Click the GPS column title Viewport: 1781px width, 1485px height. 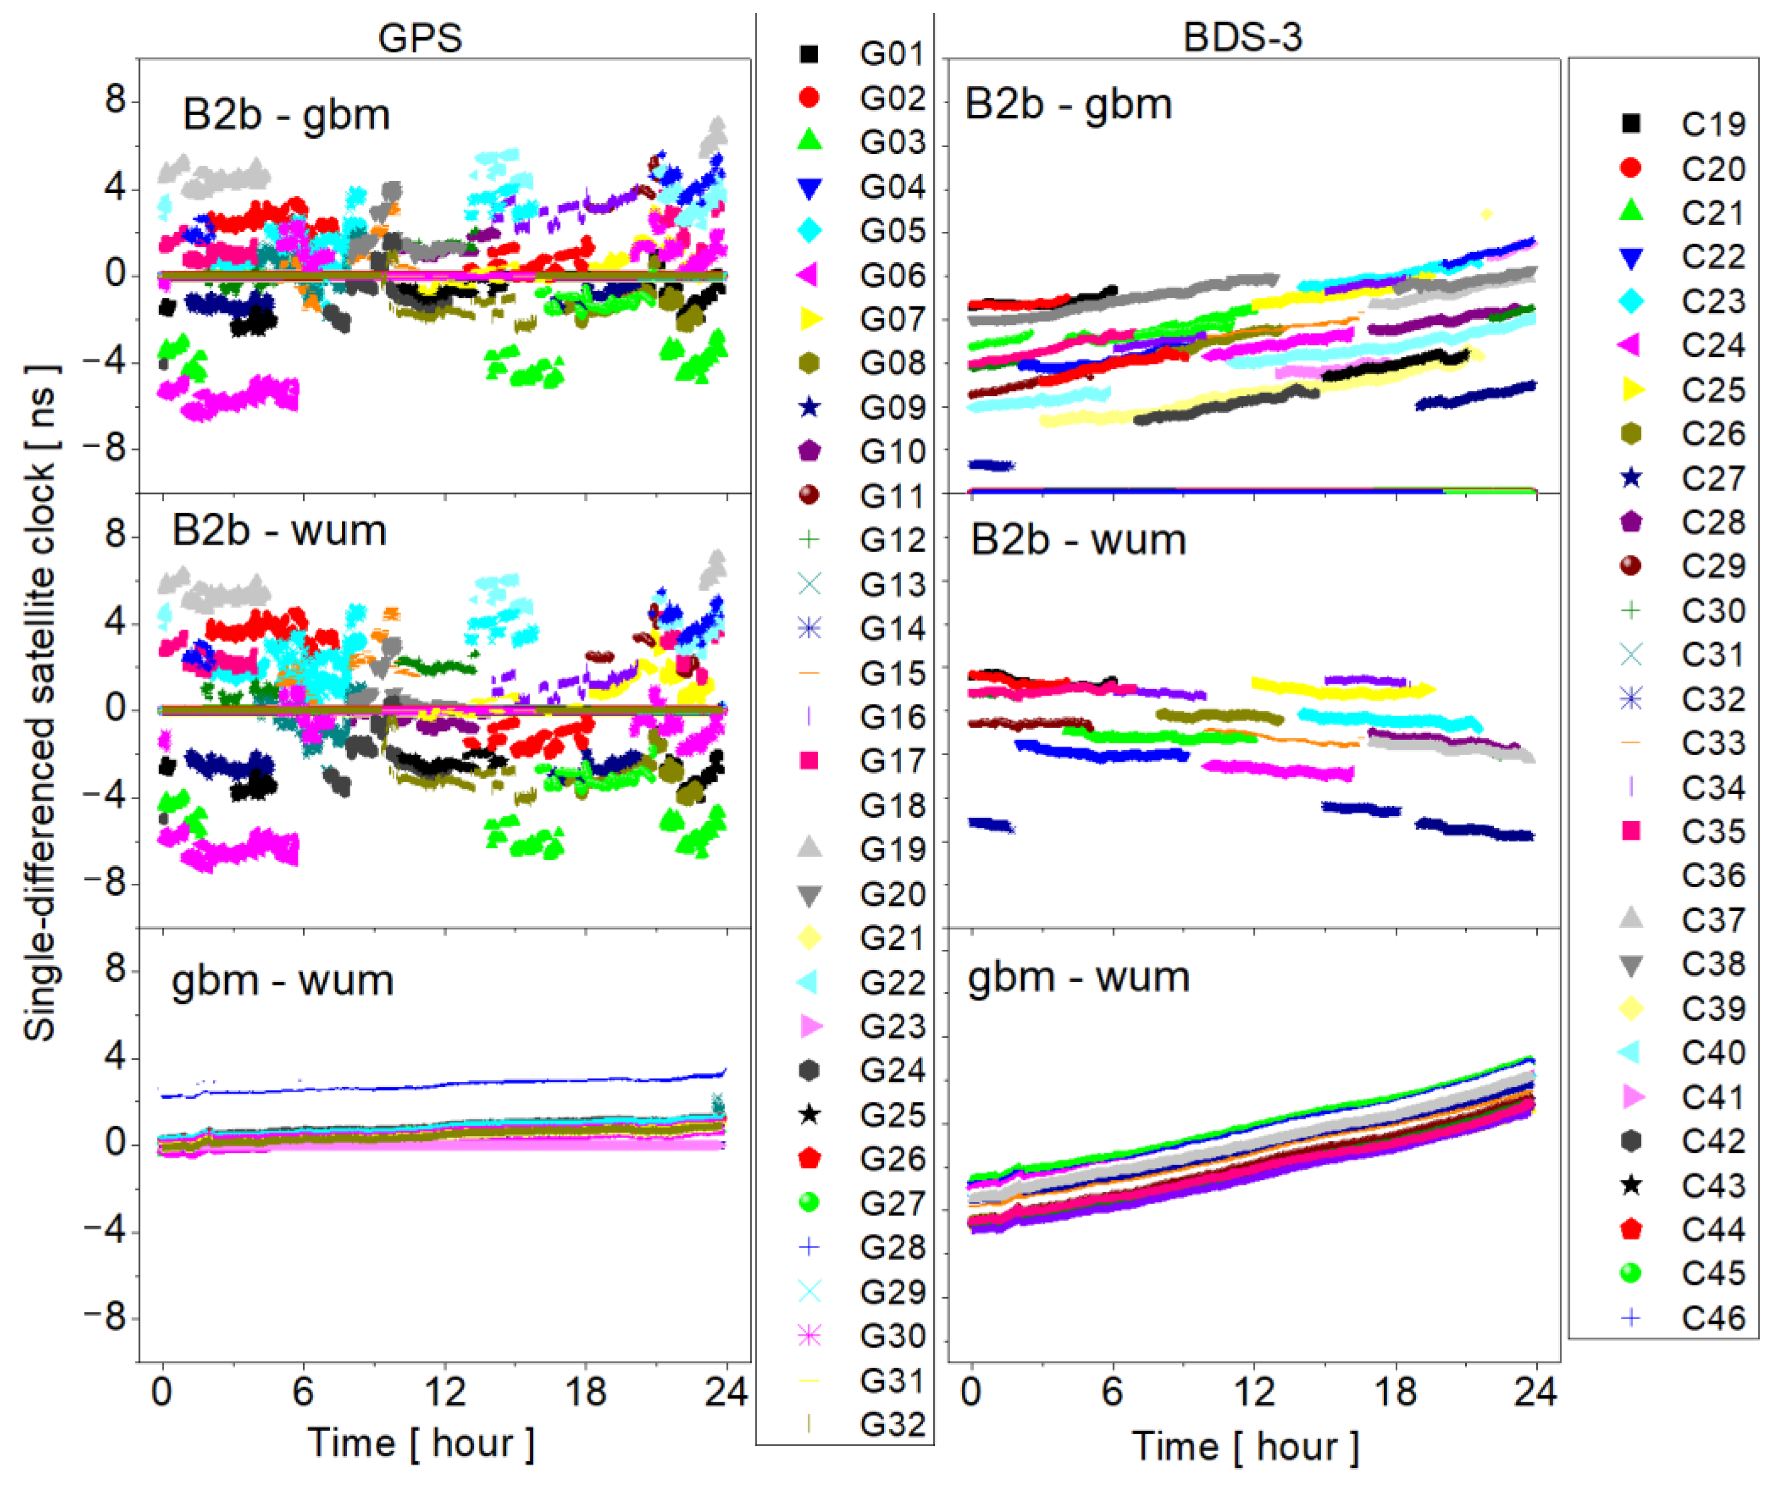(420, 37)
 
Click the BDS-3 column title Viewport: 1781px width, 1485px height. (1242, 37)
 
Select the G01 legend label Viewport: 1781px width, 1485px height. (890, 54)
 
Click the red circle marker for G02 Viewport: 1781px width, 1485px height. (809, 98)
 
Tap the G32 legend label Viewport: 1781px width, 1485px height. (890, 1424)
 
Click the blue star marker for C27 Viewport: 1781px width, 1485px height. (1630, 478)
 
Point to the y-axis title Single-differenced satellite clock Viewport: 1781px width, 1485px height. (41, 704)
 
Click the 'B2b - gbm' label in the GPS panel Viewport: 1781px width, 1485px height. (286, 114)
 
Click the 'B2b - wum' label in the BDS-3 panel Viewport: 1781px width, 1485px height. (1078, 540)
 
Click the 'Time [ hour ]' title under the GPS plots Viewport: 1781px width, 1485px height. (421, 1443)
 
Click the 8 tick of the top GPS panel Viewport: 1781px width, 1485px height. (115, 100)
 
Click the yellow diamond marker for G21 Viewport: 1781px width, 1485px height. (809, 937)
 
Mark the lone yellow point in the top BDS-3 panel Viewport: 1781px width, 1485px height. (1486, 214)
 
